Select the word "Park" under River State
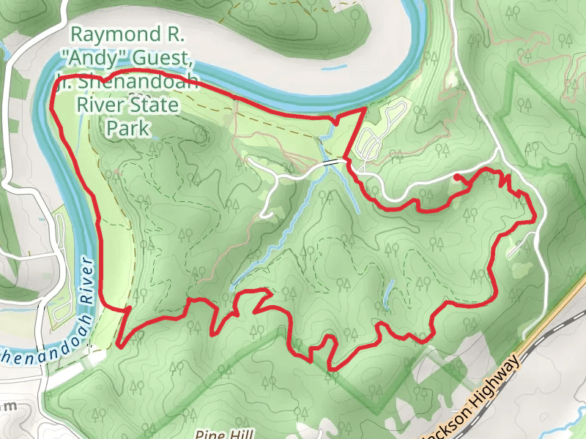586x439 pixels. tap(128, 129)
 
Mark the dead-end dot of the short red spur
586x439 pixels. tap(456, 177)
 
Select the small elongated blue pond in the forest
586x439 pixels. tap(388, 293)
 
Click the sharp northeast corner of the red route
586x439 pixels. tap(365, 110)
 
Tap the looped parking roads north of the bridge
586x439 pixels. tap(381, 132)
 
